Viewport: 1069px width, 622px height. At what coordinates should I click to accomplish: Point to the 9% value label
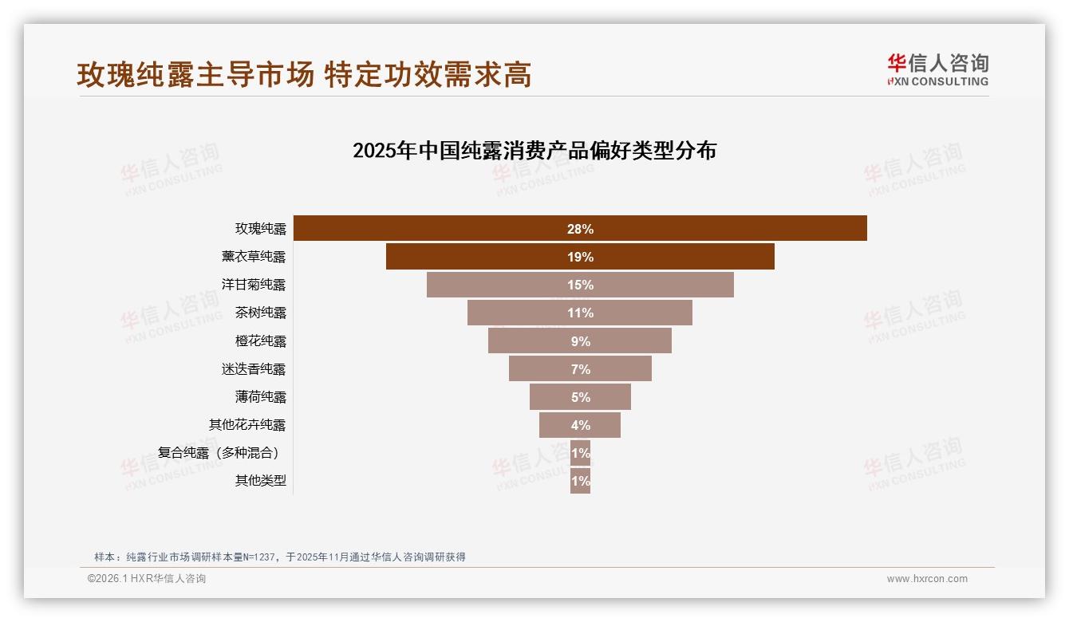(x=580, y=341)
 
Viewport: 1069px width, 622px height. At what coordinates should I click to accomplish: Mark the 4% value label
(x=580, y=425)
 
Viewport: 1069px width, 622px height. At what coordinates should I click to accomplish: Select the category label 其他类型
(x=260, y=481)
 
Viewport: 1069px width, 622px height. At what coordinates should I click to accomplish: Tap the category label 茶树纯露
(x=260, y=313)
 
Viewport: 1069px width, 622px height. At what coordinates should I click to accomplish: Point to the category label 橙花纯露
(x=260, y=341)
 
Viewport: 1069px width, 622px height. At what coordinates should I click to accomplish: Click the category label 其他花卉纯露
(x=247, y=425)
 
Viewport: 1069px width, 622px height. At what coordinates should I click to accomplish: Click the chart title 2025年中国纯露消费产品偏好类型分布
(x=534, y=151)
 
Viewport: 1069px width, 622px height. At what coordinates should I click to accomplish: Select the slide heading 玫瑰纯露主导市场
(x=195, y=75)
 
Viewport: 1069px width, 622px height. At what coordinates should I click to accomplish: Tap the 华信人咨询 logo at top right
(x=937, y=70)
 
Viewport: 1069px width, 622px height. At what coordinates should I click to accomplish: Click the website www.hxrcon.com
(x=927, y=579)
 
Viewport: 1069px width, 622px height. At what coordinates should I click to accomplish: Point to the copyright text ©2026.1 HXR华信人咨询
(x=147, y=579)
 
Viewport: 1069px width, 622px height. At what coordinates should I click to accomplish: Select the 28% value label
(x=580, y=229)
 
